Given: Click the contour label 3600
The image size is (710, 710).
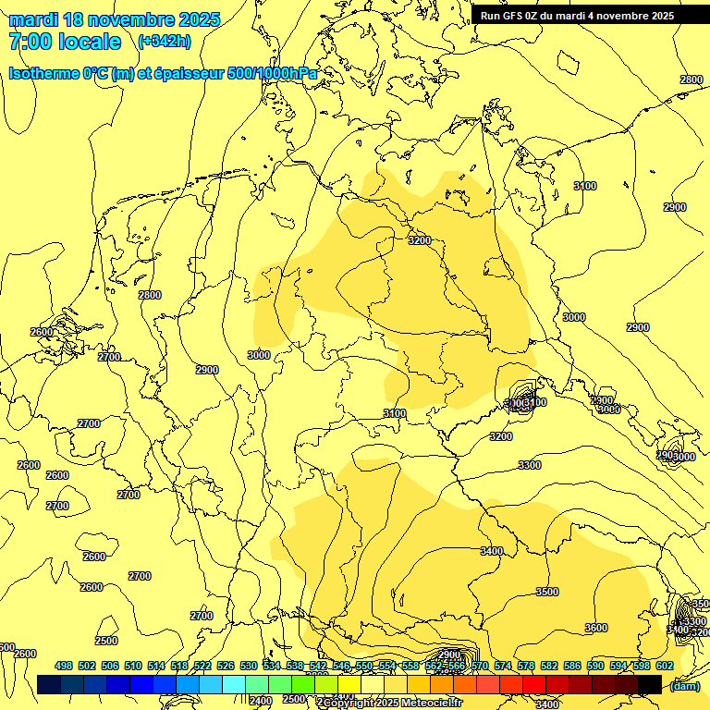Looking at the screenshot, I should click(x=596, y=628).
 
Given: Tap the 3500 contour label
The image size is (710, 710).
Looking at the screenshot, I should click(x=547, y=592).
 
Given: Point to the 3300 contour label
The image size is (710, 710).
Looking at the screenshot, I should click(x=530, y=465).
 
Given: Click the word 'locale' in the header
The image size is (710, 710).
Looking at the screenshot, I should click(x=89, y=42).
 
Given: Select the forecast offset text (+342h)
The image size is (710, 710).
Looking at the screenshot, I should click(x=165, y=42).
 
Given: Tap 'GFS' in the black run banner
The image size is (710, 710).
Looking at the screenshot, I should click(x=514, y=16).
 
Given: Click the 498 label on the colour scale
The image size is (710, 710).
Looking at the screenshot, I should click(x=64, y=666).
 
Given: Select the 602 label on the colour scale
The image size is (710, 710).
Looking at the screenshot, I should click(x=665, y=666).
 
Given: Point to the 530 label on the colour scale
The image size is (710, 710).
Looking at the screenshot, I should click(x=249, y=666).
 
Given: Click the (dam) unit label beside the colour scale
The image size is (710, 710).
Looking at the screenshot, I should click(x=684, y=685).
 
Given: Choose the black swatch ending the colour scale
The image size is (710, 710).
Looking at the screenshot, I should click(x=650, y=684).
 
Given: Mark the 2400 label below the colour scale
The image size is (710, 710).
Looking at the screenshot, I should click(x=261, y=700).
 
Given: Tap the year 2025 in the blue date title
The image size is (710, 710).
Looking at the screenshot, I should click(x=200, y=19).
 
